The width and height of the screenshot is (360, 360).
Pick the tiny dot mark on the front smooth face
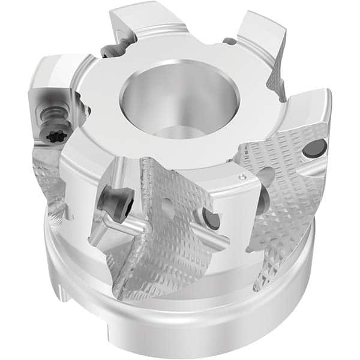pyautogui.click(x=242, y=177)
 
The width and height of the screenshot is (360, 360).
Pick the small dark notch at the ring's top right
pyautogui.click(x=230, y=41)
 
